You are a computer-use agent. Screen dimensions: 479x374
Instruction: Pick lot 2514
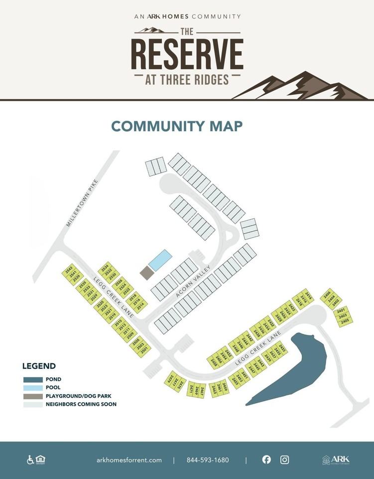(x=140, y=304)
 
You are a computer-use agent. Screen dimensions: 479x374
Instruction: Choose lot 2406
(x=327, y=293)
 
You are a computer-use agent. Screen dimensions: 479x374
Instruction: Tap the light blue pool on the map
(x=160, y=260)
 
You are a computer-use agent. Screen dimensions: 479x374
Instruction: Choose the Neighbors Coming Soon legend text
(x=81, y=404)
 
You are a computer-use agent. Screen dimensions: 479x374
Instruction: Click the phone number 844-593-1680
(x=208, y=460)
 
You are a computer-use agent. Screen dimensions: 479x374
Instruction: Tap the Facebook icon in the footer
(x=266, y=460)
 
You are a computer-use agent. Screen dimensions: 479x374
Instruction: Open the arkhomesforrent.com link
(x=129, y=460)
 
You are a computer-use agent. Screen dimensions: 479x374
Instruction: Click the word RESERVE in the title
(x=187, y=53)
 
